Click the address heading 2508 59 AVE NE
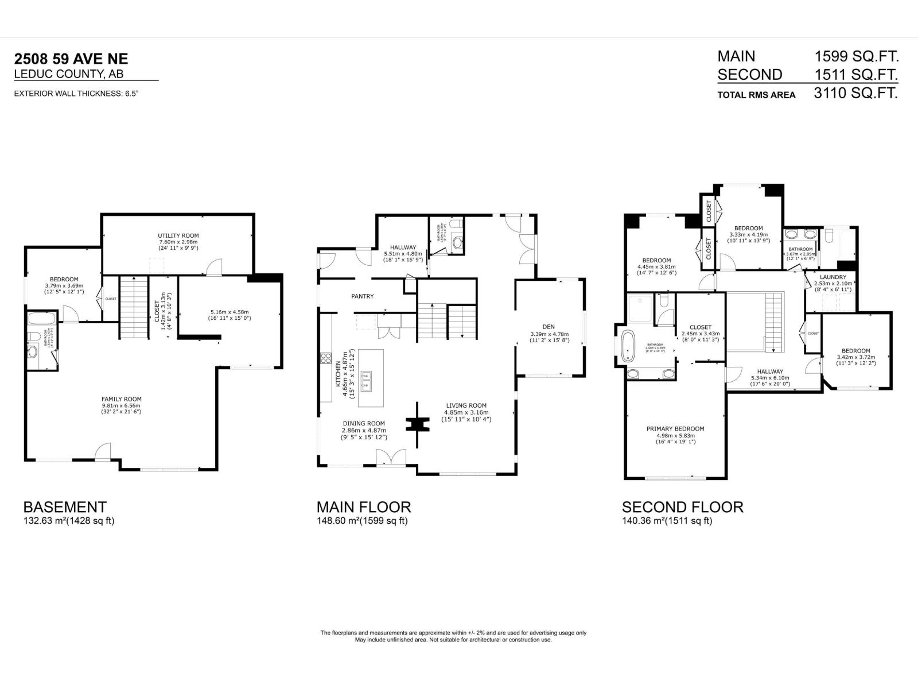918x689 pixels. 71,59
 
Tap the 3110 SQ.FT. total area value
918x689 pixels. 855,93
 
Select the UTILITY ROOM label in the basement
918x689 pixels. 178,235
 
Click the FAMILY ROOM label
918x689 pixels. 121,399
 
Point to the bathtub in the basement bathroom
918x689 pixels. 42,319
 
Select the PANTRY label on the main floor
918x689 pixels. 362,296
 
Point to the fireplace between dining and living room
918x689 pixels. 418,425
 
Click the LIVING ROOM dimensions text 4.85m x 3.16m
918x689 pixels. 466,412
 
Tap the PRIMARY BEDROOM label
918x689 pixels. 675,428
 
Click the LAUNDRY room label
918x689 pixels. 833,277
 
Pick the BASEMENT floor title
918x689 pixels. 65,507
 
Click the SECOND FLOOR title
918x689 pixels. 682,507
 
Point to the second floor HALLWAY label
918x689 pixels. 769,371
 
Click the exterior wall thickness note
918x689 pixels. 76,94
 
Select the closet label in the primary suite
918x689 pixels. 700,327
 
